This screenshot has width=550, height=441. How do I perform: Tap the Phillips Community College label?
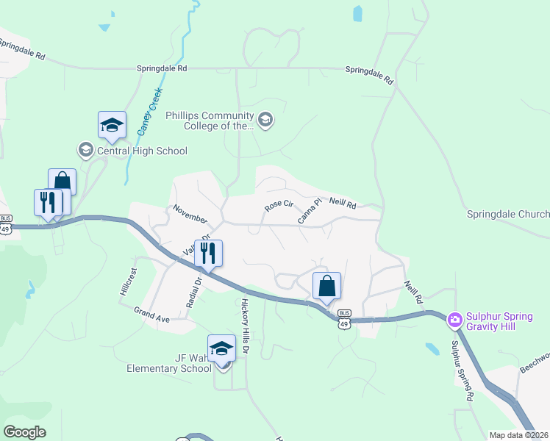tap(210, 121)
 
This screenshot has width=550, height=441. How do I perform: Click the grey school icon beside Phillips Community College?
tap(265, 120)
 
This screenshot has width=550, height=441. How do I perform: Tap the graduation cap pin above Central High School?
tap(112, 126)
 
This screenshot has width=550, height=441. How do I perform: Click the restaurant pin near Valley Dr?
tap(208, 253)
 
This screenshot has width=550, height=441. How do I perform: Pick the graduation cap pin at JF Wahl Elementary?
tap(221, 349)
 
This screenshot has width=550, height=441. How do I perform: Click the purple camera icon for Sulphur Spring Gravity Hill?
tap(454, 318)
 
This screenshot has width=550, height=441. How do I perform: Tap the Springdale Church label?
tap(508, 214)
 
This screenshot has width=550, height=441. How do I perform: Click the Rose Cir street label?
tap(279, 206)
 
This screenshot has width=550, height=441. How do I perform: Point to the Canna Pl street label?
tap(310, 211)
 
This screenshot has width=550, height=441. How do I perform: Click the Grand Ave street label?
tap(151, 316)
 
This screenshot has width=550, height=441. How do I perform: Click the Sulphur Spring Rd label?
tap(462, 371)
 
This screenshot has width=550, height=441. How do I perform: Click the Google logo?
tap(24, 432)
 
